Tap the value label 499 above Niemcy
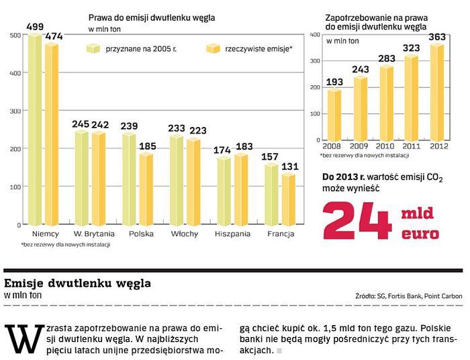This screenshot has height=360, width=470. (34, 26)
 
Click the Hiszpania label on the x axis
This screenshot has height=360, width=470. (232, 234)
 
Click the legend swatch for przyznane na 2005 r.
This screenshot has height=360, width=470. (93, 48)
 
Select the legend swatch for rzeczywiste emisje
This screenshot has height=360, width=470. (213, 48)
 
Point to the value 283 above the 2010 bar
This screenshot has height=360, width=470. (385, 58)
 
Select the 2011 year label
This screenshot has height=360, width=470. (411, 147)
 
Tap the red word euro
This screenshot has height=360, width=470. (420, 234)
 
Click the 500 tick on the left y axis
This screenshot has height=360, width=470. (15, 35)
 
